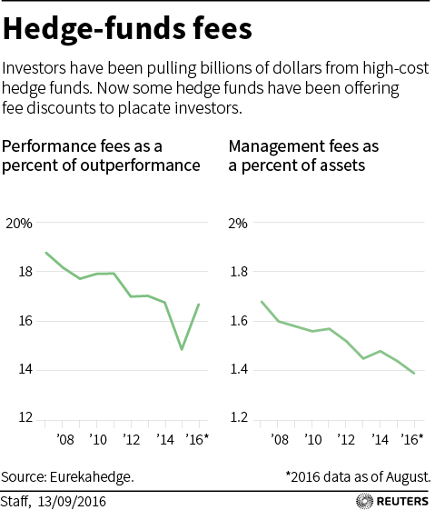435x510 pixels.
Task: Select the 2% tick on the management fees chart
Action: coord(237,223)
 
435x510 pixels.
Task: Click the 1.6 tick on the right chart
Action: coord(239,321)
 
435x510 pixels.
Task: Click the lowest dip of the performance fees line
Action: coord(182,349)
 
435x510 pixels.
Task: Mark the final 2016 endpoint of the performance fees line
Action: coord(198,305)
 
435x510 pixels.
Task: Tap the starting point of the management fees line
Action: coord(262,302)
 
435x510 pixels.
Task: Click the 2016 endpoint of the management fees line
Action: coord(414,374)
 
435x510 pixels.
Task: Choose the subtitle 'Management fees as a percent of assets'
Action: coord(303,155)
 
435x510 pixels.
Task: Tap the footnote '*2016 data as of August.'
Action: coord(358,476)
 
